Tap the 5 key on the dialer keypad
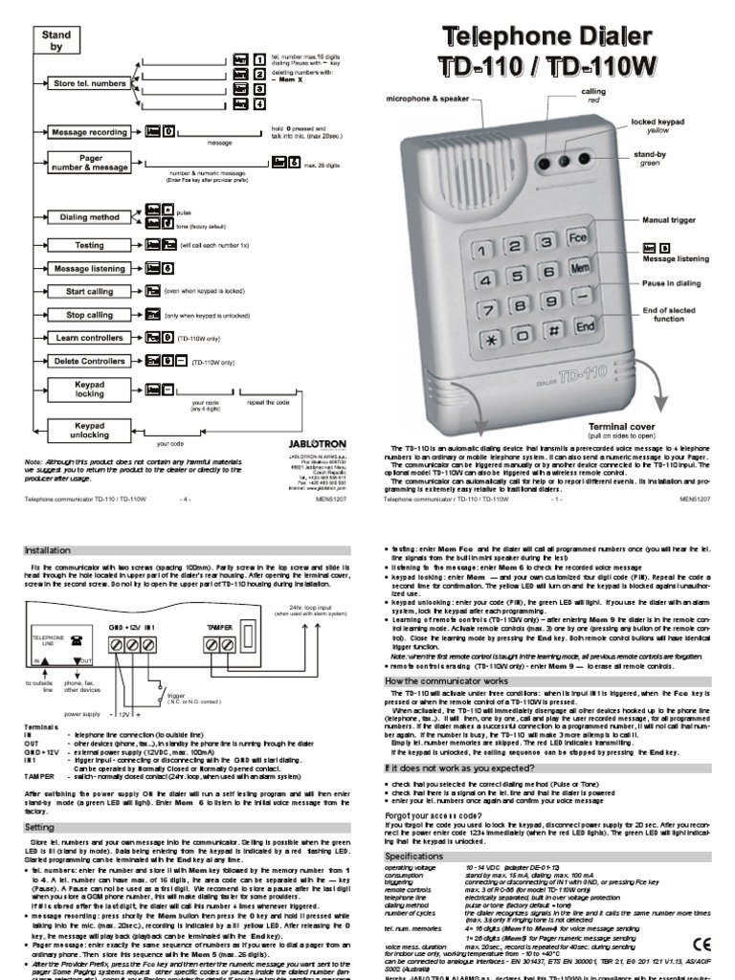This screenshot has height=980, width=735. click(519, 277)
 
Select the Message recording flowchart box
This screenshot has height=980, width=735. click(89, 133)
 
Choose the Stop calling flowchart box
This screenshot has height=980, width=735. click(89, 314)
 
